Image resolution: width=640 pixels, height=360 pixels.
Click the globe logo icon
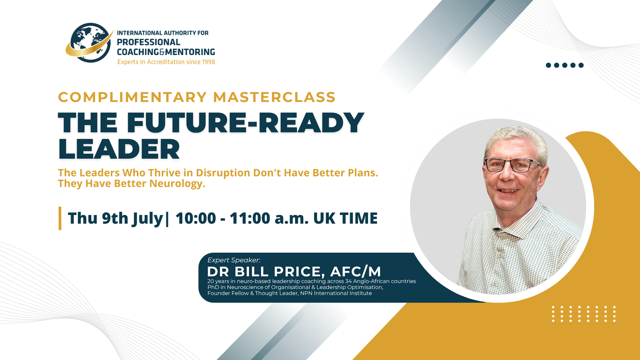[89, 43]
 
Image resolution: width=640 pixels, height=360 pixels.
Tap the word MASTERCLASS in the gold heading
[274, 97]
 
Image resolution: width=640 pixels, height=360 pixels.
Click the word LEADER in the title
[119, 149]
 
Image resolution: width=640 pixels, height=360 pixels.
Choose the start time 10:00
[196, 218]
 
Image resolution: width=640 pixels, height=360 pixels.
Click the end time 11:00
[250, 218]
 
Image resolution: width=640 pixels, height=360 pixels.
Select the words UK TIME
[345, 218]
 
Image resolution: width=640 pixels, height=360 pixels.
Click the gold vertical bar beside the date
[60, 218]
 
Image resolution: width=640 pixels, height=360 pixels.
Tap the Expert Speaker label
[234, 260]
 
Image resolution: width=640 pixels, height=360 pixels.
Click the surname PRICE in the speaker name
[299, 272]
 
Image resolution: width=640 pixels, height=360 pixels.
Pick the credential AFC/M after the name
[355, 272]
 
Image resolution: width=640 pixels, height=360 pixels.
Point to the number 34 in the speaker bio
[348, 281]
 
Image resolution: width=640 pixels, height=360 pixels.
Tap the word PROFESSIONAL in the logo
[148, 42]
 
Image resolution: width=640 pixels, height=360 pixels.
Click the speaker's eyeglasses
[512, 165]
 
